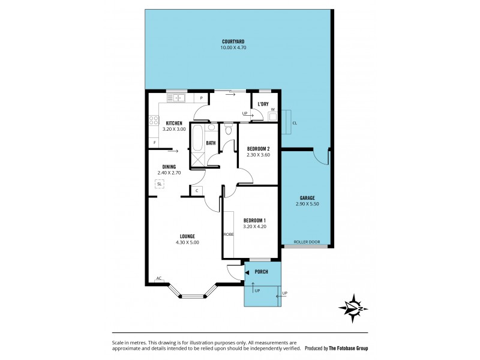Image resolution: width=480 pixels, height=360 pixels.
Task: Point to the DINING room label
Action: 169,167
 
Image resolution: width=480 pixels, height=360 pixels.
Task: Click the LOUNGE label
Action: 187,236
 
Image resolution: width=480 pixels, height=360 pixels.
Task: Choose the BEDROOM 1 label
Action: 255,220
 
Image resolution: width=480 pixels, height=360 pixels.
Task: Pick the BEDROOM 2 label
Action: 259,149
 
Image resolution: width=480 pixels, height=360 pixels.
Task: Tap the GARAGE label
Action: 307,198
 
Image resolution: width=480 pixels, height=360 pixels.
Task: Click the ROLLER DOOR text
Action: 307,242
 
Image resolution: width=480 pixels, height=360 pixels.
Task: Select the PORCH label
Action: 262,272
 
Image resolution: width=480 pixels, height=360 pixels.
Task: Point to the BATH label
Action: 211,143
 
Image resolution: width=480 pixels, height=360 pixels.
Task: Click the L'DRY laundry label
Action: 263,104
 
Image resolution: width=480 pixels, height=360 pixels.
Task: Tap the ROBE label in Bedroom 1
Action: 229,234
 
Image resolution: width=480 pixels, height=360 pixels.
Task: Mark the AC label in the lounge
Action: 159,278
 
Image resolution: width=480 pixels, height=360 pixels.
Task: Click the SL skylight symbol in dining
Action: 159,184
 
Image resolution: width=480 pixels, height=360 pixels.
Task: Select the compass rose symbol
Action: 354,308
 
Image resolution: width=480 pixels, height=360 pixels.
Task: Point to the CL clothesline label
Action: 294,124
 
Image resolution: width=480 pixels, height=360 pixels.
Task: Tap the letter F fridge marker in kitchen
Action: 155,142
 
